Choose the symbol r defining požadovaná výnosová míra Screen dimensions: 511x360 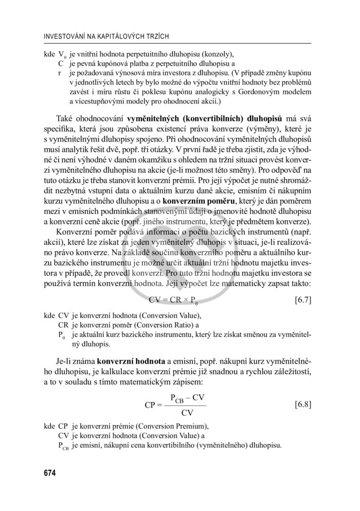coord(60,73)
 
